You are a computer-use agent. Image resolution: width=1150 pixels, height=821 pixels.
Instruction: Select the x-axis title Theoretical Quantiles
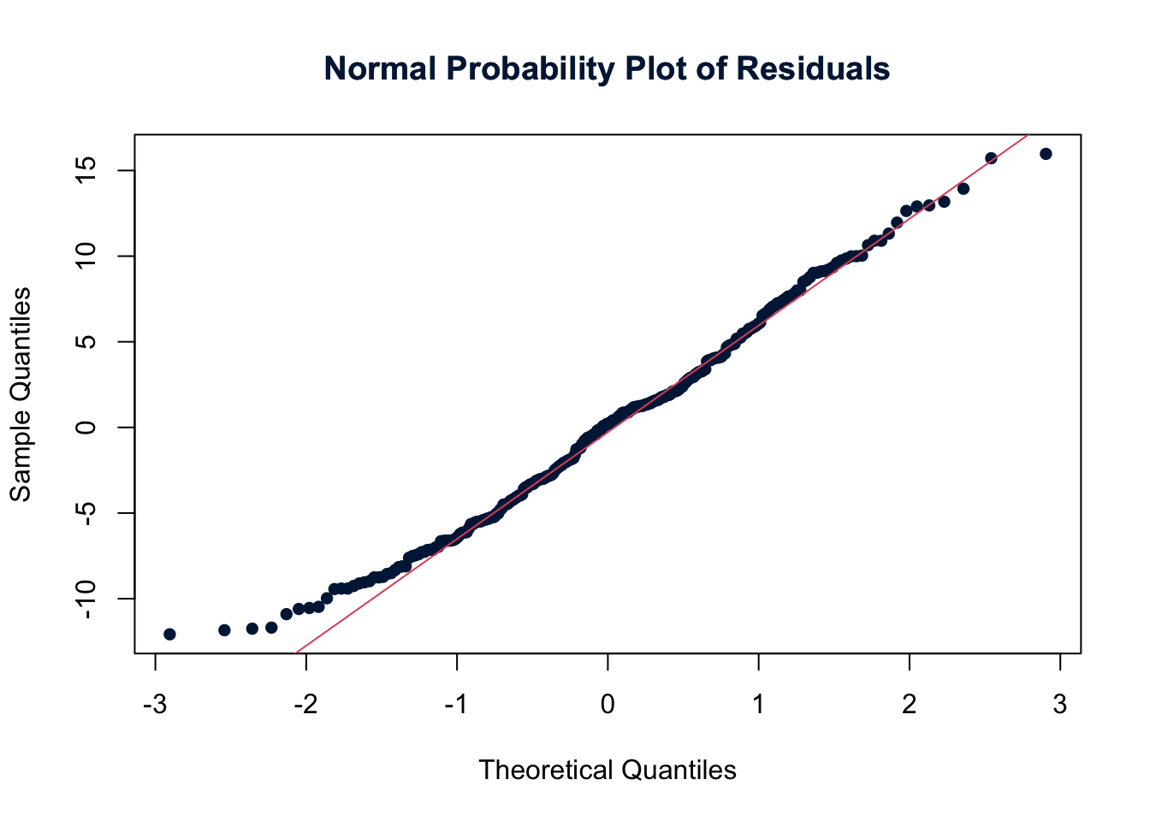coord(608,770)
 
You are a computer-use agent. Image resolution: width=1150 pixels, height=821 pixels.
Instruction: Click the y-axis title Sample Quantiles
coord(21,394)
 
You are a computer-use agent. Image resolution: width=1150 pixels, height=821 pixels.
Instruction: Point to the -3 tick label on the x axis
coord(155,705)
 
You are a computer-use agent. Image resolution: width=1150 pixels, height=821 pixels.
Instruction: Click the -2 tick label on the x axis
coord(305,705)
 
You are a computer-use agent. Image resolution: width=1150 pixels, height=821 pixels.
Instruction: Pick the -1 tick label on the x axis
coord(456,705)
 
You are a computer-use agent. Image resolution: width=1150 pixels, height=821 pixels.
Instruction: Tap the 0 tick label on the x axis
coord(608,705)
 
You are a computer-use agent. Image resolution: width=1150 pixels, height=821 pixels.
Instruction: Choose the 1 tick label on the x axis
coord(759,705)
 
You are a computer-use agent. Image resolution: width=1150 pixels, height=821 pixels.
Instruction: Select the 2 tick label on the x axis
coord(910,705)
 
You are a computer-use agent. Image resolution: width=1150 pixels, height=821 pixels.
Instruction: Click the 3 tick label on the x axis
coord(1060,705)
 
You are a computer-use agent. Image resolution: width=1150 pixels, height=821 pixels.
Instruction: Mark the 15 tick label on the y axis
coord(86,170)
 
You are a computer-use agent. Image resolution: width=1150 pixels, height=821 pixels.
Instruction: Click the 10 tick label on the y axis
coord(86,256)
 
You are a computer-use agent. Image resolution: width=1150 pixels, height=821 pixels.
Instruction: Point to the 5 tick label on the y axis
coord(86,341)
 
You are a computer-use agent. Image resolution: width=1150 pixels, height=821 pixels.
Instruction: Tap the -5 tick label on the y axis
coord(86,512)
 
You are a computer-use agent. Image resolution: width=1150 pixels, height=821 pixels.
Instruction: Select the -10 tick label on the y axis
coord(86,598)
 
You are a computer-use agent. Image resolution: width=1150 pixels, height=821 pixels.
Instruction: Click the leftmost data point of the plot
coord(169,634)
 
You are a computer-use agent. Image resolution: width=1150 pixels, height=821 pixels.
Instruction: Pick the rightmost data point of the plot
coord(1046,154)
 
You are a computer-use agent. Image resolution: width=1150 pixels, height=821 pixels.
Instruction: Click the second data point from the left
coord(224,629)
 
